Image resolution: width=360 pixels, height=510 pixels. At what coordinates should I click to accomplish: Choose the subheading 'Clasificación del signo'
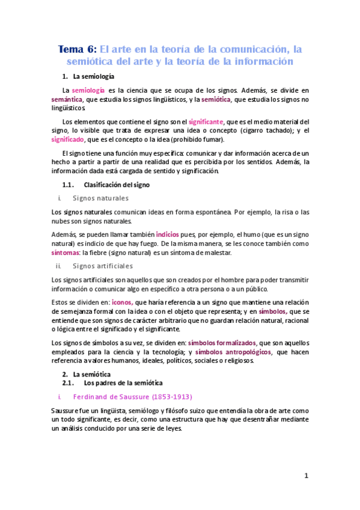tap(116, 185)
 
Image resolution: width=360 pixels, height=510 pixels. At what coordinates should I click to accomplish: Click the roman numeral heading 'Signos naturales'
tap(100, 198)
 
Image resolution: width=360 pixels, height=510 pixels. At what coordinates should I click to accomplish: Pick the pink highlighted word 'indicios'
tap(167, 233)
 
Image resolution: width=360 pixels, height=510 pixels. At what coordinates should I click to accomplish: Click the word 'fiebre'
tap(104, 253)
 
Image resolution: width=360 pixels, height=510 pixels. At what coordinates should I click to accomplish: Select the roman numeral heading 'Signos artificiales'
tap(102, 266)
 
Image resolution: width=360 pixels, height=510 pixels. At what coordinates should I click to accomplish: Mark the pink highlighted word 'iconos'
tap(123, 303)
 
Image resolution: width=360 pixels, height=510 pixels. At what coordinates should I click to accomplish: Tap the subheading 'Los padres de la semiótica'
tap(123, 382)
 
